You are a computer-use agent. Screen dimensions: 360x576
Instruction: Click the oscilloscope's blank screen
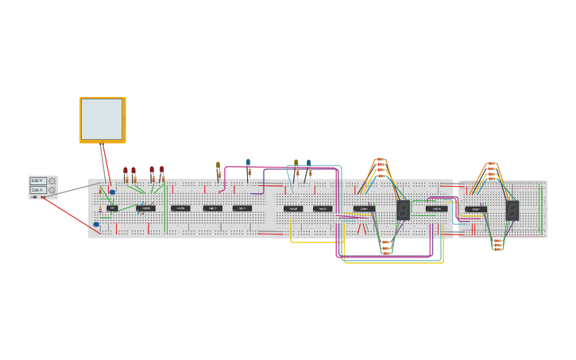[x=102, y=118]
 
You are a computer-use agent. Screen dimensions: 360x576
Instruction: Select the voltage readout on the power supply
[x=37, y=181]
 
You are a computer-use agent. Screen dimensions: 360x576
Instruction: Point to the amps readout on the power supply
[x=37, y=190]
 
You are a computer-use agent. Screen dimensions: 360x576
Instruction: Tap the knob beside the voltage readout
[x=52, y=181]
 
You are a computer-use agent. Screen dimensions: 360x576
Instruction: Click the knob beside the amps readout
[x=52, y=191]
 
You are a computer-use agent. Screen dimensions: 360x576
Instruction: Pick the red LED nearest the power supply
[x=126, y=170]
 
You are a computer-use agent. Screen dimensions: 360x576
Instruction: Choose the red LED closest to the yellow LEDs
[x=162, y=169]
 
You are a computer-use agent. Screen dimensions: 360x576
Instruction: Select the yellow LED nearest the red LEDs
[x=218, y=166]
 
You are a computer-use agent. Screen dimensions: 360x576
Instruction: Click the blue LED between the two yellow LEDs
[x=248, y=163]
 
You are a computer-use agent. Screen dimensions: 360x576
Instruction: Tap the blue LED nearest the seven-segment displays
[x=309, y=163]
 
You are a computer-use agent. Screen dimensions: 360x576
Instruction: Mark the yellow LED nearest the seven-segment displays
[x=296, y=163]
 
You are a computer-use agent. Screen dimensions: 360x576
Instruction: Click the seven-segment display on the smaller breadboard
[x=512, y=210]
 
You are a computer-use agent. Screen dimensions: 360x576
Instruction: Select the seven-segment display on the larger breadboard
[x=404, y=210]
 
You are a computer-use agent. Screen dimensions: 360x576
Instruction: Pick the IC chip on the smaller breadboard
[x=476, y=209]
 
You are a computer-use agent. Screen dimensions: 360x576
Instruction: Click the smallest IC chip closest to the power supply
[x=113, y=208]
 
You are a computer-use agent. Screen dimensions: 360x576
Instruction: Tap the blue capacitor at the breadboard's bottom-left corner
[x=97, y=225]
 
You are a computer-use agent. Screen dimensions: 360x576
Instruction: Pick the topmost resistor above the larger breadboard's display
[x=381, y=160]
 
